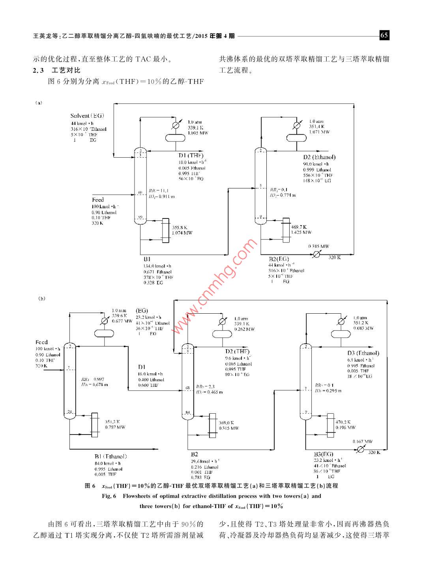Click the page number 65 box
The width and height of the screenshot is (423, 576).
[x=384, y=36]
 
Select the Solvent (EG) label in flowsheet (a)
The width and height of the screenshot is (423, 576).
[x=87, y=116]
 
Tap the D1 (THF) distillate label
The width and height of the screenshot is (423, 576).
[x=191, y=155]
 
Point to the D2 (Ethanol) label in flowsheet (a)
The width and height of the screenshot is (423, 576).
[x=319, y=157]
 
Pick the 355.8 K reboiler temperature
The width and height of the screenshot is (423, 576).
[x=180, y=227]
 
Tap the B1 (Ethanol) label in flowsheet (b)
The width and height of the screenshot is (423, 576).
[x=110, y=456]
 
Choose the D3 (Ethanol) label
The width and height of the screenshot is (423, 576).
[x=363, y=353]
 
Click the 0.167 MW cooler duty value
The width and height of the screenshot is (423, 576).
[x=363, y=441]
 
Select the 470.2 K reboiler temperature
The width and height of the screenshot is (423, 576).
[x=343, y=422]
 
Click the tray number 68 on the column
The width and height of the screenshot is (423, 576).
[x=188, y=388]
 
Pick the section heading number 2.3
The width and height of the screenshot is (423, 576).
[x=38, y=70]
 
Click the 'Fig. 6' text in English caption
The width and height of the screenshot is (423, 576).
[x=109, y=496]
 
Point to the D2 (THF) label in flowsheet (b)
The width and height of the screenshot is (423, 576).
[x=237, y=351]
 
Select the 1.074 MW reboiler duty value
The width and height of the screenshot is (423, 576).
[x=182, y=233]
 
